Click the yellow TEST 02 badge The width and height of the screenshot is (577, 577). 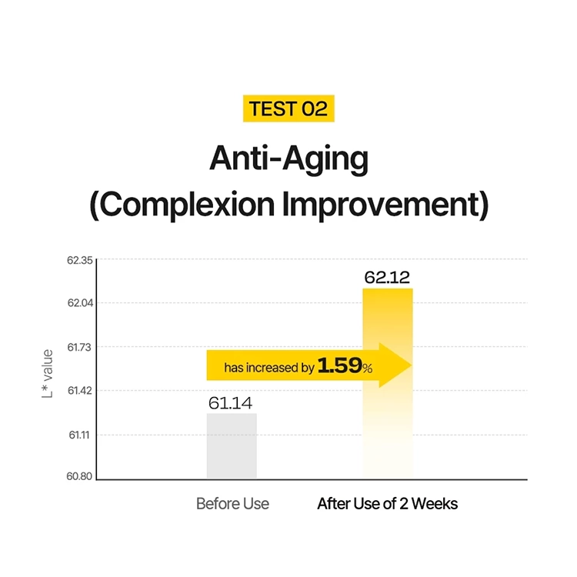[288, 108]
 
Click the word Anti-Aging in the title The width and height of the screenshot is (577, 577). [288, 159]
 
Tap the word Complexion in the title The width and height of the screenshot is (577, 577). [183, 205]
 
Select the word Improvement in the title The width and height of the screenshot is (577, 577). [385, 204]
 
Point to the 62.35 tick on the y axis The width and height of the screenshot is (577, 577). [80, 260]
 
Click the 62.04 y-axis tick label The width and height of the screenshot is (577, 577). [80, 303]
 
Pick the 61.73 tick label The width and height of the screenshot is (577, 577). [79, 347]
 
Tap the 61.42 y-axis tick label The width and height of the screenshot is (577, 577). [79, 390]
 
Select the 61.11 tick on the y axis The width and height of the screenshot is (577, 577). [79, 435]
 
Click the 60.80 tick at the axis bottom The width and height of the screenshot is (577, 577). [79, 476]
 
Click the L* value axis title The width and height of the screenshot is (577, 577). [48, 373]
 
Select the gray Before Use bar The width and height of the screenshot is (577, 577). [232, 446]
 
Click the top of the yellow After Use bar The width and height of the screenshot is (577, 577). [388, 289]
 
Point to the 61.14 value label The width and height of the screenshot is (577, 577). [230, 403]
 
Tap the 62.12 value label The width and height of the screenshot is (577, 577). [387, 277]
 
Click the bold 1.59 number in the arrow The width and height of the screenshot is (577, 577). [339, 365]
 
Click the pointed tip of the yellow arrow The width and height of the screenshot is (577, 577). [411, 365]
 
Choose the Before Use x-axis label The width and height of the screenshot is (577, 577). [232, 503]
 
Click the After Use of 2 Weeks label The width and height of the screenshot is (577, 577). [388, 503]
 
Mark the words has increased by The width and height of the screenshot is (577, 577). [269, 367]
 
